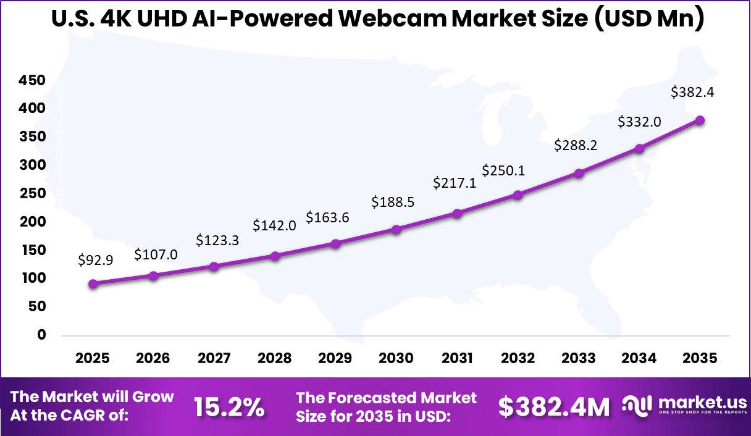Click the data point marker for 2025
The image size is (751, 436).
pyautogui.click(x=93, y=284)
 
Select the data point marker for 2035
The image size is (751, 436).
pyautogui.click(x=700, y=120)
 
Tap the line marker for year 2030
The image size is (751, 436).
pyautogui.click(x=396, y=230)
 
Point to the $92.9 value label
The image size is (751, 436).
pyautogui.click(x=96, y=261)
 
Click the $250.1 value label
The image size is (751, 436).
pyautogui.click(x=503, y=170)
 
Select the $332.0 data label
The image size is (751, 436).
pyautogui.click(x=639, y=122)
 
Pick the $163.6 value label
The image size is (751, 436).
pyautogui.click(x=327, y=218)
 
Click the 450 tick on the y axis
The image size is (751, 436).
pyautogui.click(x=31, y=80)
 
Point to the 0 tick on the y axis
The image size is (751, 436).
pyautogui.click(x=42, y=335)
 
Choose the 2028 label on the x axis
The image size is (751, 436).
pyautogui.click(x=275, y=359)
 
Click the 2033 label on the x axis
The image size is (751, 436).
pyautogui.click(x=578, y=359)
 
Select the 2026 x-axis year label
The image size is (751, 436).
pyautogui.click(x=154, y=359)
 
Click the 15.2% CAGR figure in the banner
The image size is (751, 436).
pyautogui.click(x=229, y=407)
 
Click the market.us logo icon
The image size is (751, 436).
pyautogui.click(x=637, y=405)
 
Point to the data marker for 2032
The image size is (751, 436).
pyautogui.click(x=518, y=195)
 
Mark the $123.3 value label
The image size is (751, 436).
pyautogui.click(x=217, y=241)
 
